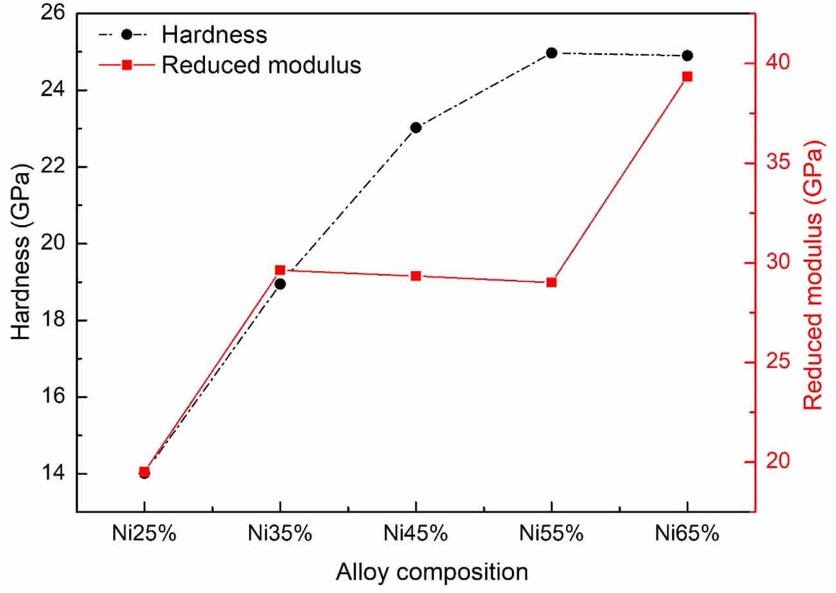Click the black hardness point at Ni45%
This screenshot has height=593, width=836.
[x=415, y=127]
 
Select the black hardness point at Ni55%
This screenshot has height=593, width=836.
[x=551, y=53]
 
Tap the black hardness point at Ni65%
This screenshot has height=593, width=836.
[x=687, y=55]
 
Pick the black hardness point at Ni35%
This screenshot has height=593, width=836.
[x=280, y=283]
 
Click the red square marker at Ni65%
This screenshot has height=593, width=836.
[x=687, y=76]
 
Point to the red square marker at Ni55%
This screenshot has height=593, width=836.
[x=551, y=282]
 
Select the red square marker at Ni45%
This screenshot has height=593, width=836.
[x=415, y=276]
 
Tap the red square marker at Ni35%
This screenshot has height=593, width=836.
[x=280, y=270]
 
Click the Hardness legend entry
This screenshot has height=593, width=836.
[x=214, y=34]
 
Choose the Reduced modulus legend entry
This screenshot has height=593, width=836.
[x=260, y=65]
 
